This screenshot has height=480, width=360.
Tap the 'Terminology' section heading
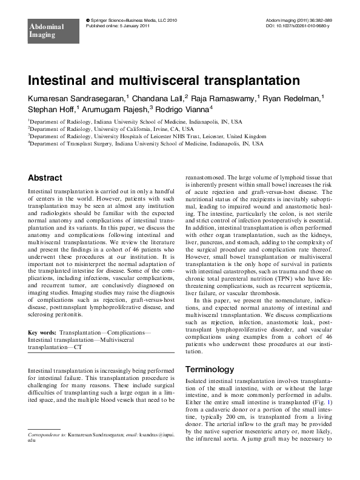[x=208, y=369]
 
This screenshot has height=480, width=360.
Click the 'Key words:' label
[x=45, y=333]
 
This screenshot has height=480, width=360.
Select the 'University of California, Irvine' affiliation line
[x=112, y=129]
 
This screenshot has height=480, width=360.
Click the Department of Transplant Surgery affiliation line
[x=145, y=144]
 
